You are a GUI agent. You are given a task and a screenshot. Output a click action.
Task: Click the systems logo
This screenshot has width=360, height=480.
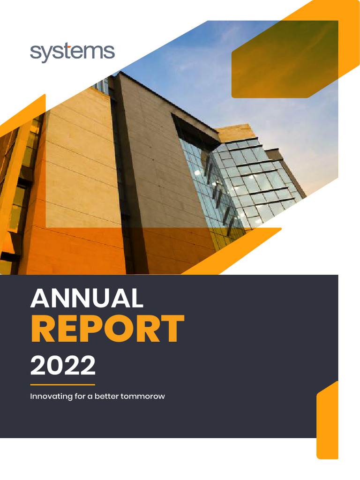click(x=72, y=52)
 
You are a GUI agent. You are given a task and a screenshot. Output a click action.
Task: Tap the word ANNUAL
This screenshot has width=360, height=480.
click(x=87, y=298)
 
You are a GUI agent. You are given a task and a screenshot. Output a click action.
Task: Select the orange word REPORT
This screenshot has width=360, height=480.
click(x=107, y=329)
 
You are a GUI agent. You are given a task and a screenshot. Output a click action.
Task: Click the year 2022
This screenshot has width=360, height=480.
click(x=63, y=365)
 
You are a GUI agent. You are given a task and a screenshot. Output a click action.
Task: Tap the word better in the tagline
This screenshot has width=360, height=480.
click(x=106, y=397)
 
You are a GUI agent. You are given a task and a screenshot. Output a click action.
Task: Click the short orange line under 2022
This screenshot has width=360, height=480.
click(x=62, y=384)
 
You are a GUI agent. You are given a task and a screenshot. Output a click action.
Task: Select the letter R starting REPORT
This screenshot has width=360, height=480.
click(x=42, y=329)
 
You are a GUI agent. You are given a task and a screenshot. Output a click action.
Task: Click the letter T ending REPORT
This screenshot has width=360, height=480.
click(x=173, y=329)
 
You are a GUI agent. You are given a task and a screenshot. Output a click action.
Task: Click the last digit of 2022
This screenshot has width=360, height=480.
click(x=88, y=365)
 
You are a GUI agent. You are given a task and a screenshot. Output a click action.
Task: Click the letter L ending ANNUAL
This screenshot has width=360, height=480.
click(x=136, y=298)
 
